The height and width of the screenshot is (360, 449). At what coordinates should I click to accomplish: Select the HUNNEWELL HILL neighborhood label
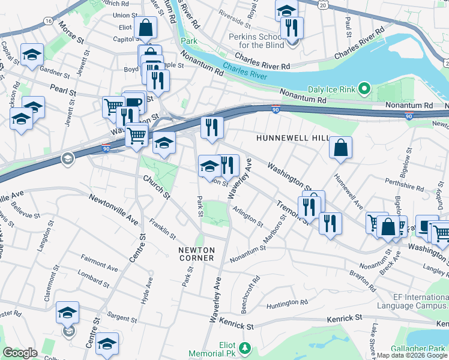pos(293,138)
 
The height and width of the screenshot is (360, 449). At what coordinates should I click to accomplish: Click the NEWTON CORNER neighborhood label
pos(196,253)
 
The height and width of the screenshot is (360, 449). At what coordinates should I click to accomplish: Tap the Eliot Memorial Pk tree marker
pos(245,348)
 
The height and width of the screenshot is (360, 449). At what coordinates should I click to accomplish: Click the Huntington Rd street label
pos(288,302)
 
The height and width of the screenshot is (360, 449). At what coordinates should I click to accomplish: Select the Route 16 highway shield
pos(47,20)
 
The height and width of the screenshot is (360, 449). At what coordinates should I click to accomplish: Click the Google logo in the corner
pos(20,353)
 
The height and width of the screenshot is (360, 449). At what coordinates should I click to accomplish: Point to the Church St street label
pos(157,187)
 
